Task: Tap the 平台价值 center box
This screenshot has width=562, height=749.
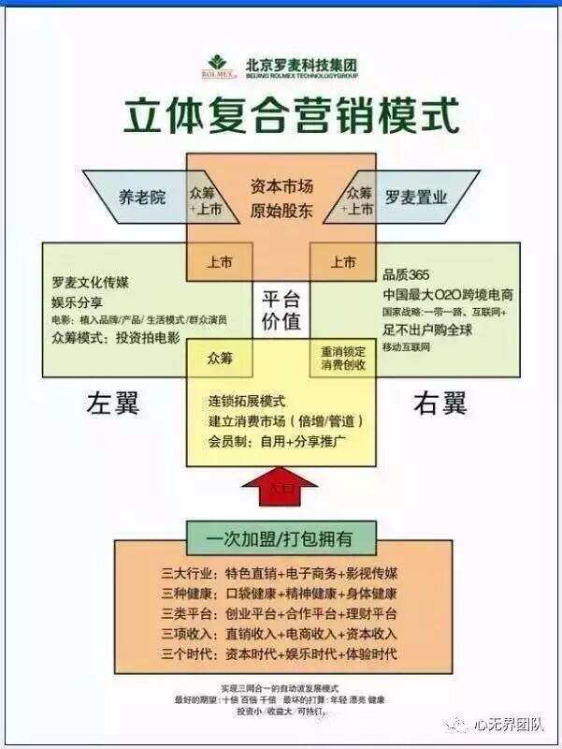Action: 281,310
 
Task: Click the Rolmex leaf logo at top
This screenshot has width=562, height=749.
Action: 218,64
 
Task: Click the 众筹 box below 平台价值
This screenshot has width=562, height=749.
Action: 220,358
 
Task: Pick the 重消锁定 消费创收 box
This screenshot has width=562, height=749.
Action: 343,358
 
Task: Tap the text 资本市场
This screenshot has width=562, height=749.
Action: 281,186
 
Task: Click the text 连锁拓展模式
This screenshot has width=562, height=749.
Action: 248,401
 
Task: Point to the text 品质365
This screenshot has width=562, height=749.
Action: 406,274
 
